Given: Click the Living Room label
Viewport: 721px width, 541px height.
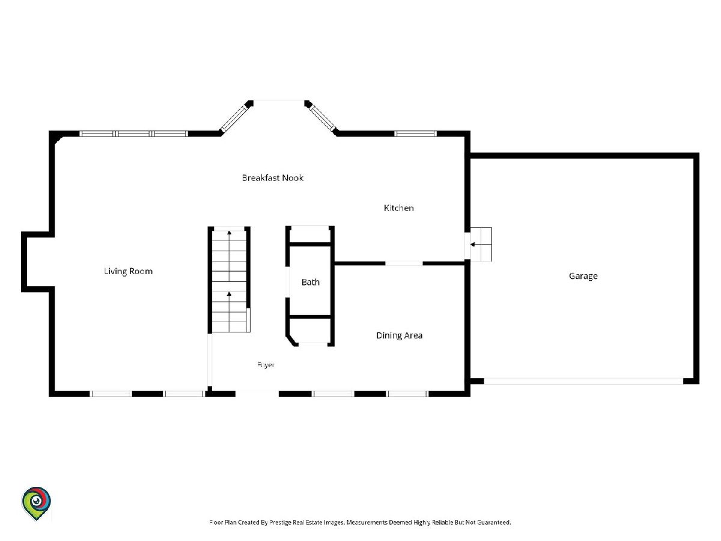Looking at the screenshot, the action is pyautogui.click(x=128, y=271).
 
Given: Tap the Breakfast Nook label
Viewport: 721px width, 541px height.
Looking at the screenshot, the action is pyautogui.click(x=273, y=178).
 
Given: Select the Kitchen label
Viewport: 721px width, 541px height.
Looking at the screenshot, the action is pyautogui.click(x=399, y=208).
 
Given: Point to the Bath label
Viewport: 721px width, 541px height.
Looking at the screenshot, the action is pyautogui.click(x=311, y=282).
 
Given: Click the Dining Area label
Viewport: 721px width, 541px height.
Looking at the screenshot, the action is pyautogui.click(x=399, y=335).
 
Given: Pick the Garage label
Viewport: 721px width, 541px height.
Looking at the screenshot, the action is pyautogui.click(x=583, y=276).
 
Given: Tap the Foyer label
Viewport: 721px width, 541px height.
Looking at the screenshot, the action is pyautogui.click(x=266, y=365).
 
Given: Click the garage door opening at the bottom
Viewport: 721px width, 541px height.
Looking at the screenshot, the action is pyautogui.click(x=583, y=381).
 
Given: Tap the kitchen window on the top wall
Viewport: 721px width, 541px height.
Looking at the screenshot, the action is pyautogui.click(x=415, y=133).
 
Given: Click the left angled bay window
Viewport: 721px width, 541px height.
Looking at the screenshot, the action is pyautogui.click(x=234, y=118).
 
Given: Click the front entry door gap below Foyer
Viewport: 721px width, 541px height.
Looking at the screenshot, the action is pyautogui.click(x=257, y=394).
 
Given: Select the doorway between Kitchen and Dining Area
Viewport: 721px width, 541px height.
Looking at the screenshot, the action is pyautogui.click(x=404, y=263).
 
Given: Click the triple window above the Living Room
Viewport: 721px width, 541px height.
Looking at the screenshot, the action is pyautogui.click(x=134, y=133).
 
